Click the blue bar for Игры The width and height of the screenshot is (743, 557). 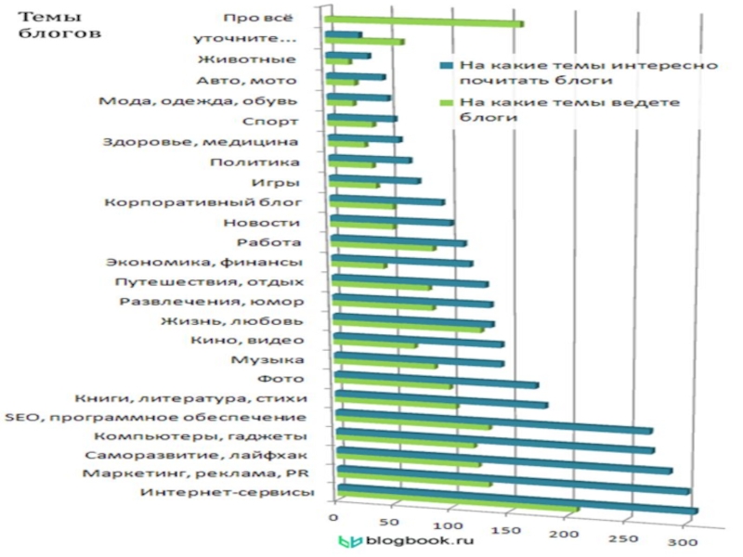[375, 179]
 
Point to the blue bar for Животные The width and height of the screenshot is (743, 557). [347, 57]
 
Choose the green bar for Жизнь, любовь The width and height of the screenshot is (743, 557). [409, 330]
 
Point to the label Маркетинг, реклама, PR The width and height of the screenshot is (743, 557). [193, 473]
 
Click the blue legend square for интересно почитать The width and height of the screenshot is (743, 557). [447, 66]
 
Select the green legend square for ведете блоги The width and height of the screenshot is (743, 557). [447, 102]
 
